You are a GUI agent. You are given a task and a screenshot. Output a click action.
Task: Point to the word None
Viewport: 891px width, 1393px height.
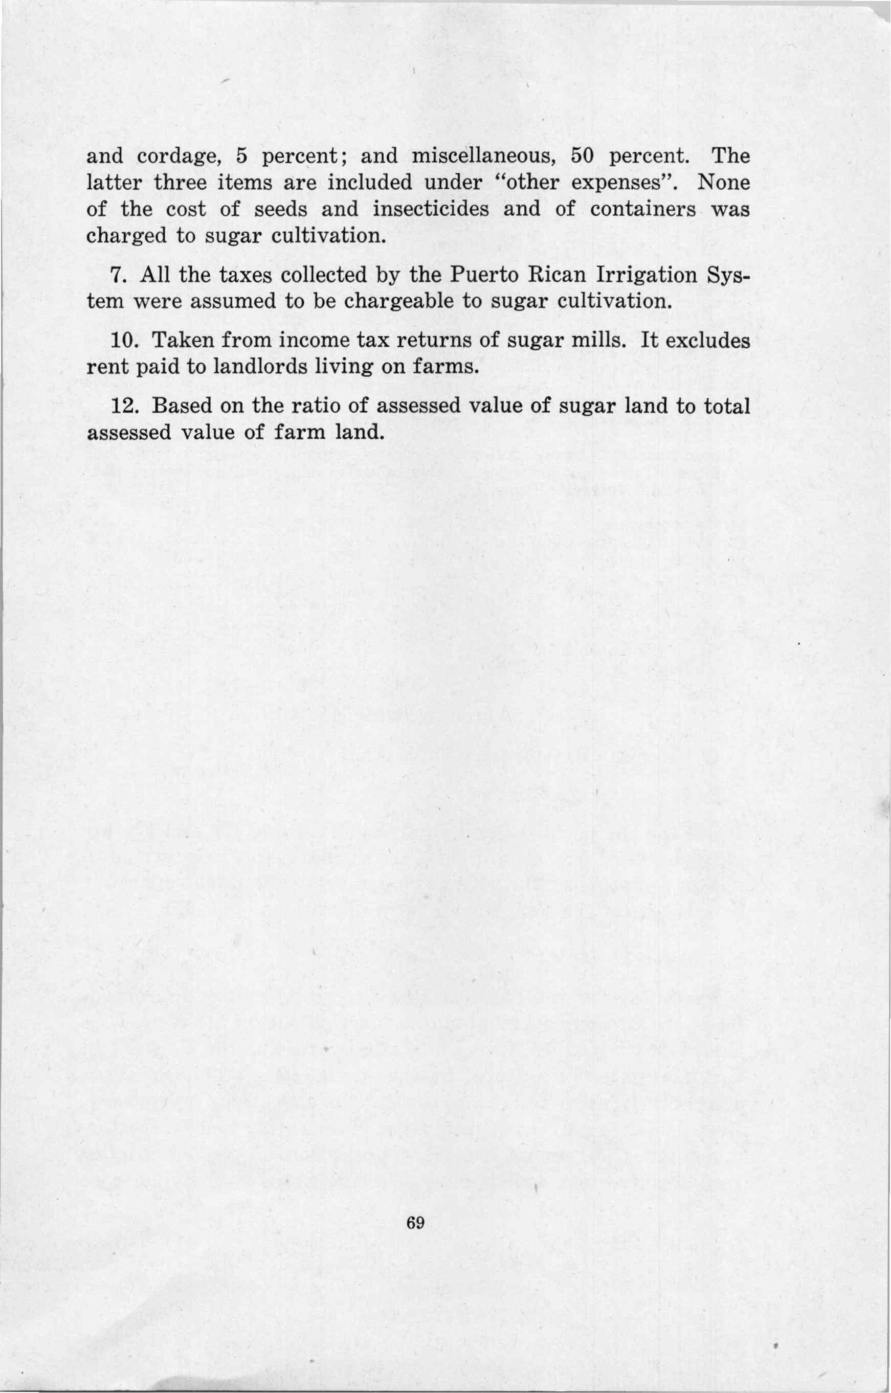[x=724, y=184]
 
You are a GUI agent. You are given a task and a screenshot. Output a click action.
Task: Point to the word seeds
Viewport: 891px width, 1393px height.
[x=281, y=210]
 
